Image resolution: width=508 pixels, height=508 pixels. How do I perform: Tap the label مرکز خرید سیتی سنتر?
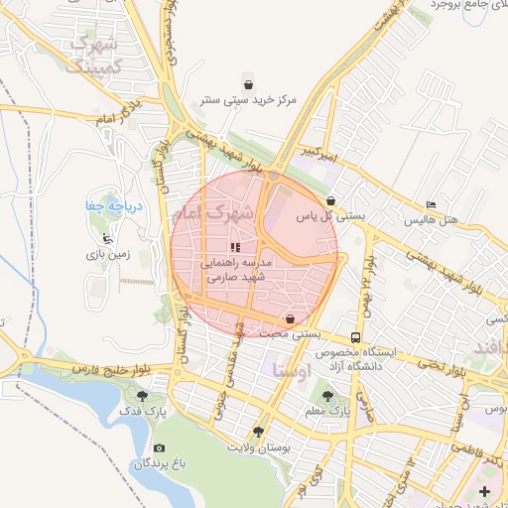[x=248, y=100]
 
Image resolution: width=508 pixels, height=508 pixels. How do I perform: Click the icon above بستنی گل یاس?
[x=330, y=198]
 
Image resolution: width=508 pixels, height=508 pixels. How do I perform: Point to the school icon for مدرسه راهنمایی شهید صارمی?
[x=235, y=248]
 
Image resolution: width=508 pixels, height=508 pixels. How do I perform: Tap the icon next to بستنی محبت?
[x=289, y=319]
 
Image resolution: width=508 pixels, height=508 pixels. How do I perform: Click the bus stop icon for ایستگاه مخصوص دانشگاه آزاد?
[x=355, y=336]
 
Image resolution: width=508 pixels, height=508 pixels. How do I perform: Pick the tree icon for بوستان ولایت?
[x=259, y=432]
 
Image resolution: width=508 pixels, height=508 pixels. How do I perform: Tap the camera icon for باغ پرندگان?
[x=159, y=447]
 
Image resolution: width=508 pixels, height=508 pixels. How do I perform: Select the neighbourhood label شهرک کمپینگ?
[x=92, y=56]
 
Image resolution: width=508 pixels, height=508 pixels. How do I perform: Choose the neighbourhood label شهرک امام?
[x=213, y=212]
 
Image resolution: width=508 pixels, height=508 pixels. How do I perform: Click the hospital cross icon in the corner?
[x=483, y=491]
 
